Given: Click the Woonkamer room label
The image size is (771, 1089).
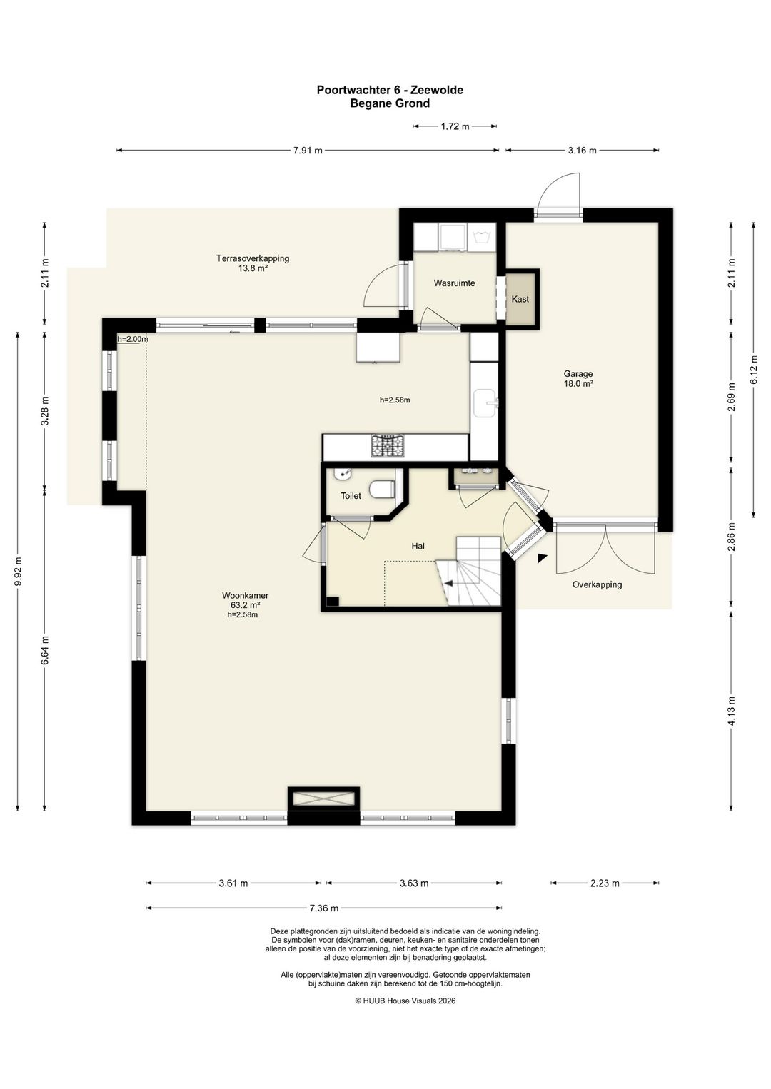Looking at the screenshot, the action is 245,596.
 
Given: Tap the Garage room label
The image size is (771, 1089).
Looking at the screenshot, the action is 578,374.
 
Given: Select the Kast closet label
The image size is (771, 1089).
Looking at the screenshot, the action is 520,299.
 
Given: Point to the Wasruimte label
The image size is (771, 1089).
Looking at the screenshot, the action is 454,283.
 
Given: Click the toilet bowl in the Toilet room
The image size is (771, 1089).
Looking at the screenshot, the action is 383,490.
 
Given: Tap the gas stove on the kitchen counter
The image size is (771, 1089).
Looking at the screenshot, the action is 388,446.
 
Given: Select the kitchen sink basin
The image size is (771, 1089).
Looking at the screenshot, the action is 485,403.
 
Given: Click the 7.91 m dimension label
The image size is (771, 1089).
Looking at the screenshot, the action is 308,151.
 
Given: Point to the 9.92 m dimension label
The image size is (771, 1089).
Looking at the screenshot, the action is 18,572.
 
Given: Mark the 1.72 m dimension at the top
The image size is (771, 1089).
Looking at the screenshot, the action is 455,126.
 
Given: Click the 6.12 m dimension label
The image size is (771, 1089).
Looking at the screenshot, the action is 753,370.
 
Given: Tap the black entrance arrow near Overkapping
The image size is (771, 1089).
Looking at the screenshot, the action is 541,558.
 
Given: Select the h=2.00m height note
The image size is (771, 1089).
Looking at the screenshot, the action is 132,339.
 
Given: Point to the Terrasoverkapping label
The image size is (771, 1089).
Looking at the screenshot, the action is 253,258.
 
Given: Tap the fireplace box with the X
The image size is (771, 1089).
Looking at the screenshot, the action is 323,800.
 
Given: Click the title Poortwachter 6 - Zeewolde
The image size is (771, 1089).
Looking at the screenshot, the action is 390,90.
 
